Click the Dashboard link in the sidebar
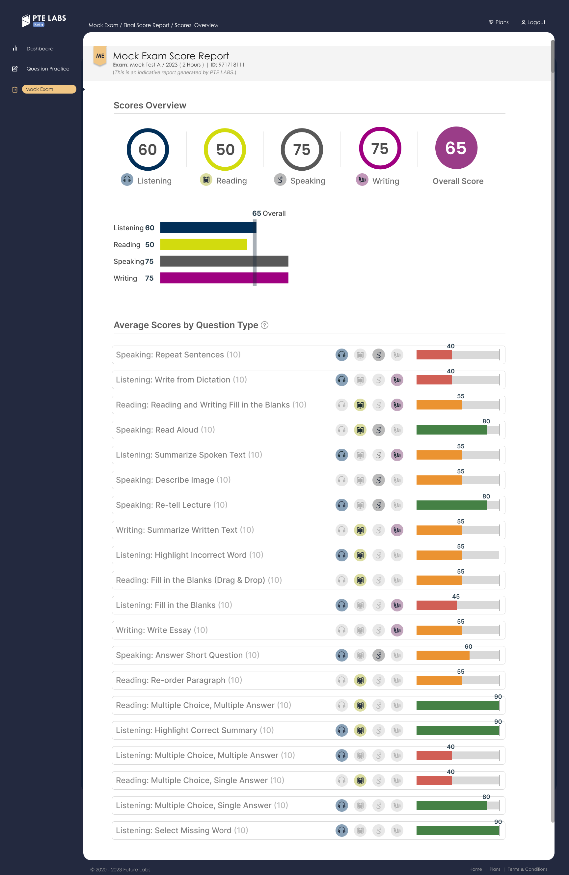click(x=40, y=48)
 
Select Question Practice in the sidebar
click(x=48, y=69)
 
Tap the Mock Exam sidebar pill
click(x=49, y=89)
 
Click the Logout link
click(x=533, y=22)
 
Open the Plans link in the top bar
click(x=499, y=22)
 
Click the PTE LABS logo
click(x=44, y=20)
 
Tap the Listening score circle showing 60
click(x=148, y=150)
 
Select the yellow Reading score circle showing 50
click(x=225, y=150)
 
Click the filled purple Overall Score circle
click(x=456, y=148)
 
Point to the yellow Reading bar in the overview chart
click(x=203, y=244)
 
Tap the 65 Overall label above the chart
click(x=269, y=213)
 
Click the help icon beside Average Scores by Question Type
click(x=264, y=325)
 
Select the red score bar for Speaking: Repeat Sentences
click(x=434, y=355)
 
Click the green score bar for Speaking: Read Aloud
click(x=451, y=430)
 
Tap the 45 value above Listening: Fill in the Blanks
click(x=456, y=596)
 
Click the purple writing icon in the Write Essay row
click(x=397, y=630)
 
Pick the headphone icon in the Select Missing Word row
click(x=341, y=831)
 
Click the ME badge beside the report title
click(x=100, y=56)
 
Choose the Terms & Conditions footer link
click(x=527, y=869)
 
